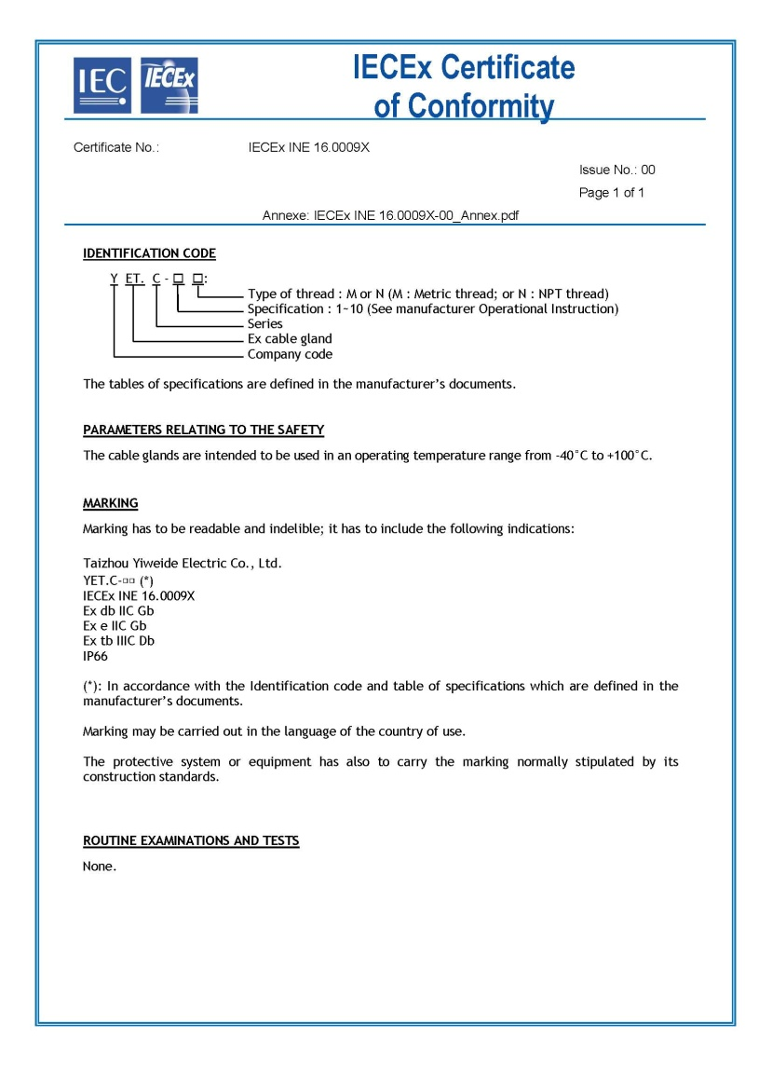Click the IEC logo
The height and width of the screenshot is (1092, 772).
102,85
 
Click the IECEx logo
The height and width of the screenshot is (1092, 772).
169,85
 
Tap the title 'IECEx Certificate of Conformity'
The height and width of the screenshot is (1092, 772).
464,86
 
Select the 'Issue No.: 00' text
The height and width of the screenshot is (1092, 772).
616,170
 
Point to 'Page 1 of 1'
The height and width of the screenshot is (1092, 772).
611,193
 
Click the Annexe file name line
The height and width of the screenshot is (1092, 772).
390,215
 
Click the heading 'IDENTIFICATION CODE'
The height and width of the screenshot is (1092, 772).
149,253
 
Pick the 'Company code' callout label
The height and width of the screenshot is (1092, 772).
290,354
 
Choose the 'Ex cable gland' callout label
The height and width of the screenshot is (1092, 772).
290,339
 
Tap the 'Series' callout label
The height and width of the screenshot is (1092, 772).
265,324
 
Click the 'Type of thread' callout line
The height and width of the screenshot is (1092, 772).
427,294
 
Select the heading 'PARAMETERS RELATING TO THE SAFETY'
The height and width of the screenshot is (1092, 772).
203,430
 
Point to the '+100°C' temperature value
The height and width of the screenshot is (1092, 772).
626,456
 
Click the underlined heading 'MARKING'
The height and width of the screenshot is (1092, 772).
110,503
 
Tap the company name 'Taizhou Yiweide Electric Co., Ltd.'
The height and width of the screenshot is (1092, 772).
182,564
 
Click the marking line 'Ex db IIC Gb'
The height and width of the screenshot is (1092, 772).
118,610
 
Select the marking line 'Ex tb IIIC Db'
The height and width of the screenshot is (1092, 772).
118,641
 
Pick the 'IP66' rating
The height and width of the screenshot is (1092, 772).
96,656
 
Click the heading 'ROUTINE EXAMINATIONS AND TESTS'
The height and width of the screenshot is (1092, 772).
191,840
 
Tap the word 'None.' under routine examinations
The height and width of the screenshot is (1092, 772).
100,867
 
